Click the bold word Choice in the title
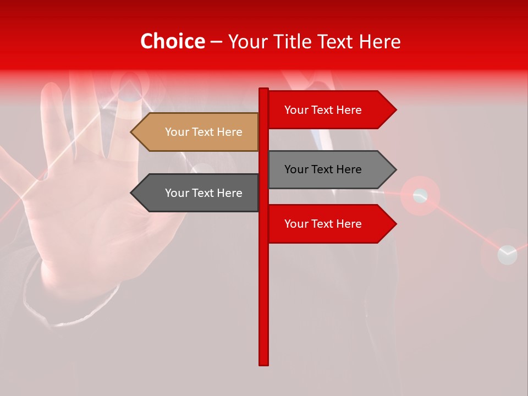(172, 41)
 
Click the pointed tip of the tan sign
(133, 132)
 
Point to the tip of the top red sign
(394, 110)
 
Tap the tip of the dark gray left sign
(133, 193)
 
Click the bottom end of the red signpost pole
(264, 363)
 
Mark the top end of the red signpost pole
(264, 90)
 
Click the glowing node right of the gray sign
(420, 195)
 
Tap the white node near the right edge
(507, 255)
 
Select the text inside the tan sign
(204, 132)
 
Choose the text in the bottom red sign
(323, 224)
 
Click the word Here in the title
(380, 41)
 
